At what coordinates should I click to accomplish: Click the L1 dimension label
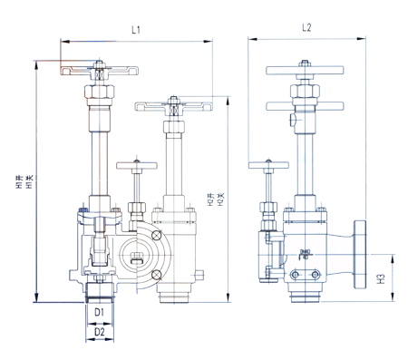click(x=136, y=30)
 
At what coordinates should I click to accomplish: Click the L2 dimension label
click(x=306, y=27)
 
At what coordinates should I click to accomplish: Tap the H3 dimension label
click(x=382, y=278)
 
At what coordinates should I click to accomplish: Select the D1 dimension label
click(x=99, y=312)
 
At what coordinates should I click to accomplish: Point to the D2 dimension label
click(x=100, y=332)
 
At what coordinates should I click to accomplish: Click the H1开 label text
click(x=20, y=182)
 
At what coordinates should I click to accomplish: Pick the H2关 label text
click(x=221, y=199)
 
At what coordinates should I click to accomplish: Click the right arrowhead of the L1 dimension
click(x=208, y=41)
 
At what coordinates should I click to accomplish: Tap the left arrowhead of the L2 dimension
click(x=252, y=39)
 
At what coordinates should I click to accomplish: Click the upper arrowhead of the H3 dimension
click(x=393, y=258)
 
